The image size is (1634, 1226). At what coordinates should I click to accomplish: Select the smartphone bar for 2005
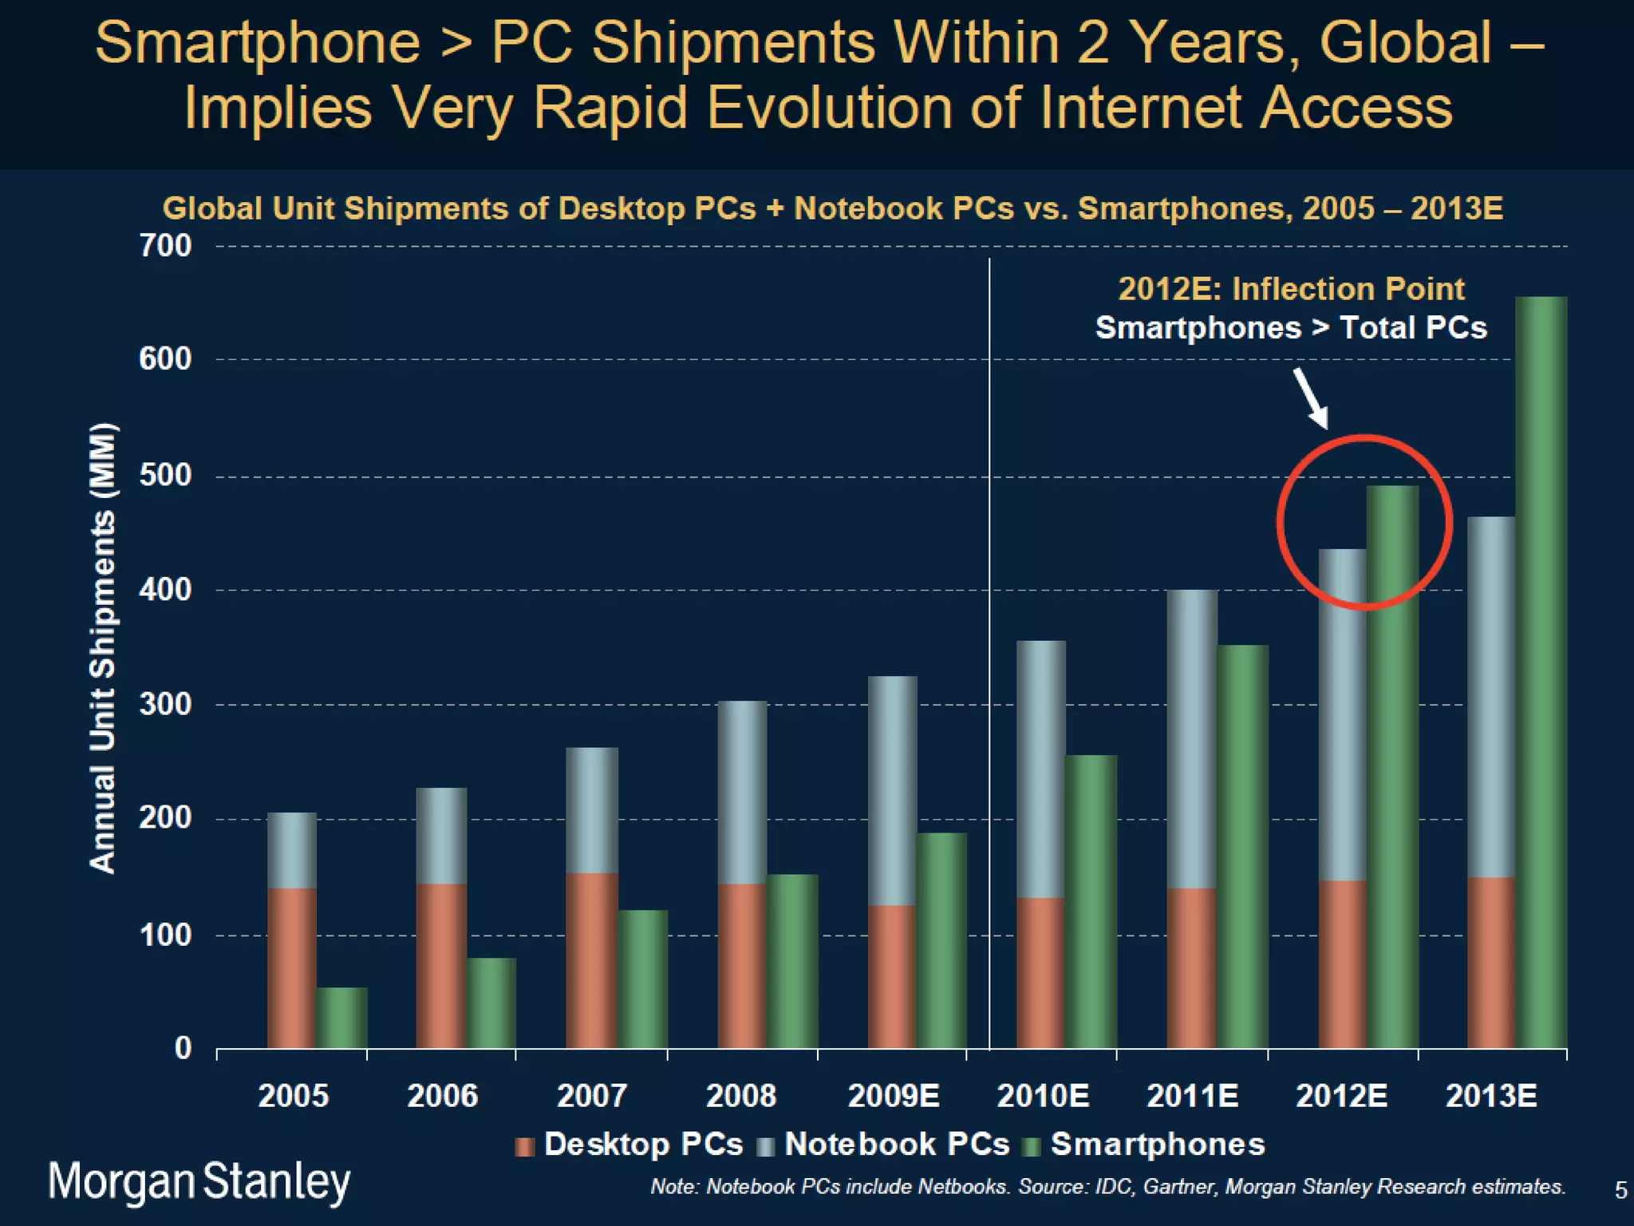coord(342,1018)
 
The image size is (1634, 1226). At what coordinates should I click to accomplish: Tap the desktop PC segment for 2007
coord(591,960)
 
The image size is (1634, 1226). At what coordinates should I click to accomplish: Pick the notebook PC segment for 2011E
coord(1192,738)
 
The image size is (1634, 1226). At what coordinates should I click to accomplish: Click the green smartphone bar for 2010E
coord(1091,901)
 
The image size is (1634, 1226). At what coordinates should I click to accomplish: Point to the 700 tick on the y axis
coord(166,246)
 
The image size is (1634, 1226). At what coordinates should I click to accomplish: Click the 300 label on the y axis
coord(166,705)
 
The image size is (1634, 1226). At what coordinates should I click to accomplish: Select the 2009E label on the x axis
coord(894,1095)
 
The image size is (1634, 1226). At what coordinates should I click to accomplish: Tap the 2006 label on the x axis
coord(442,1095)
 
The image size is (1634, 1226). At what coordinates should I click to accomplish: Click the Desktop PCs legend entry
coord(630,1145)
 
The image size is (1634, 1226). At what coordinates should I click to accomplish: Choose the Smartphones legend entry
coord(1144,1145)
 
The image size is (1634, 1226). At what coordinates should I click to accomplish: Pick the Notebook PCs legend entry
coord(883,1145)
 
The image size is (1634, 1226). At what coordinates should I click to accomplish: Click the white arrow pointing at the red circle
coord(1311,397)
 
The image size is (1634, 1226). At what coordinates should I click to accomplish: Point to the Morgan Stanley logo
coord(199,1182)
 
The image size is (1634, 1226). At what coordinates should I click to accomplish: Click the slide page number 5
coord(1620,1190)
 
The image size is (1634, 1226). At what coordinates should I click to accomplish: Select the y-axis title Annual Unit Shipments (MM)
coord(103,647)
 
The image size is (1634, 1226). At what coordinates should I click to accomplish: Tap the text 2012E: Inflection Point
coord(1291,289)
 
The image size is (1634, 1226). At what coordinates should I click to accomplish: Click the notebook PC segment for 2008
coord(742,792)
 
